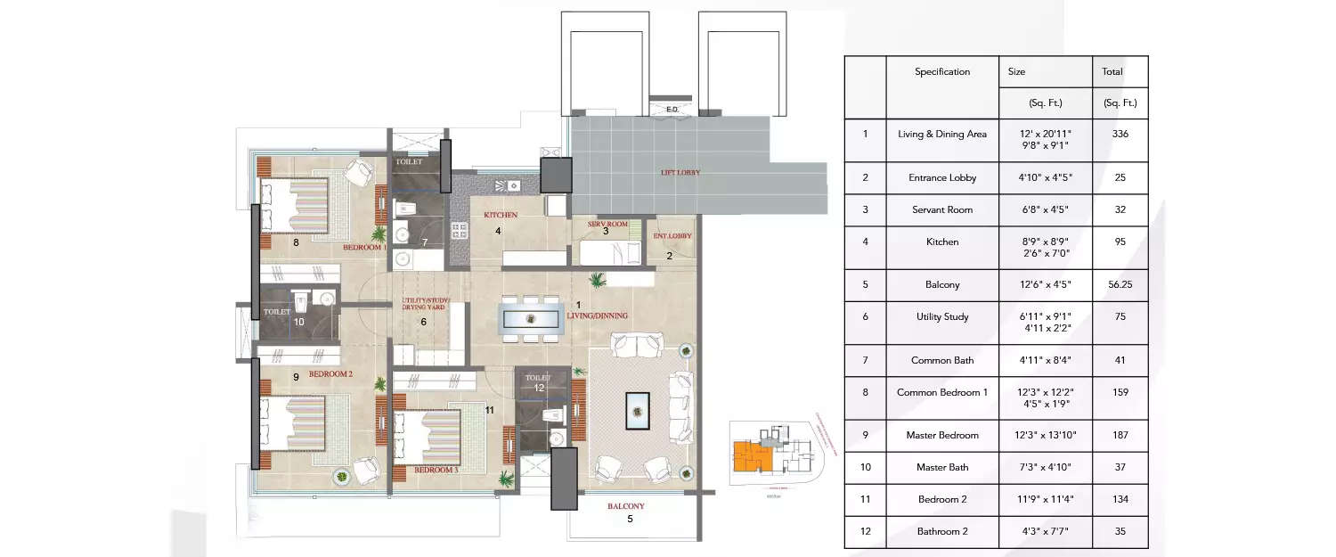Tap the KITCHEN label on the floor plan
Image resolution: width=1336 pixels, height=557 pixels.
(x=501, y=216)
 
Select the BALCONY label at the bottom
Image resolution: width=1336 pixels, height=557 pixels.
(x=625, y=506)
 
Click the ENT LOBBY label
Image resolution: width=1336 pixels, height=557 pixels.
(x=672, y=236)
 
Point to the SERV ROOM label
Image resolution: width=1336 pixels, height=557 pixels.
(x=608, y=223)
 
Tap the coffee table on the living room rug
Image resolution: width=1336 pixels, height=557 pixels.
(x=638, y=409)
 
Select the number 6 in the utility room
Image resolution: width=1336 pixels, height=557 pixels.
(x=424, y=322)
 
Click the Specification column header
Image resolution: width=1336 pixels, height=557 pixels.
(x=941, y=71)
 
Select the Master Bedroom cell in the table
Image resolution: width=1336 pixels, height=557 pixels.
(x=941, y=435)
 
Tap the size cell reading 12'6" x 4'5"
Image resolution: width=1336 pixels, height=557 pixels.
(x=1045, y=284)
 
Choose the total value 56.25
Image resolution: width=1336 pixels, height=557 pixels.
(x=1120, y=284)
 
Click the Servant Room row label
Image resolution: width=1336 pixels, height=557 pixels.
(x=941, y=209)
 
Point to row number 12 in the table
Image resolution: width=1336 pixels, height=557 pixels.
(x=864, y=531)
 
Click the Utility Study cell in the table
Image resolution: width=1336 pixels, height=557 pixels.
(x=941, y=316)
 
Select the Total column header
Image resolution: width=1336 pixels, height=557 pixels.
(x=1112, y=71)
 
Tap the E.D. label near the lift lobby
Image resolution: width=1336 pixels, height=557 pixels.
(x=672, y=110)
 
